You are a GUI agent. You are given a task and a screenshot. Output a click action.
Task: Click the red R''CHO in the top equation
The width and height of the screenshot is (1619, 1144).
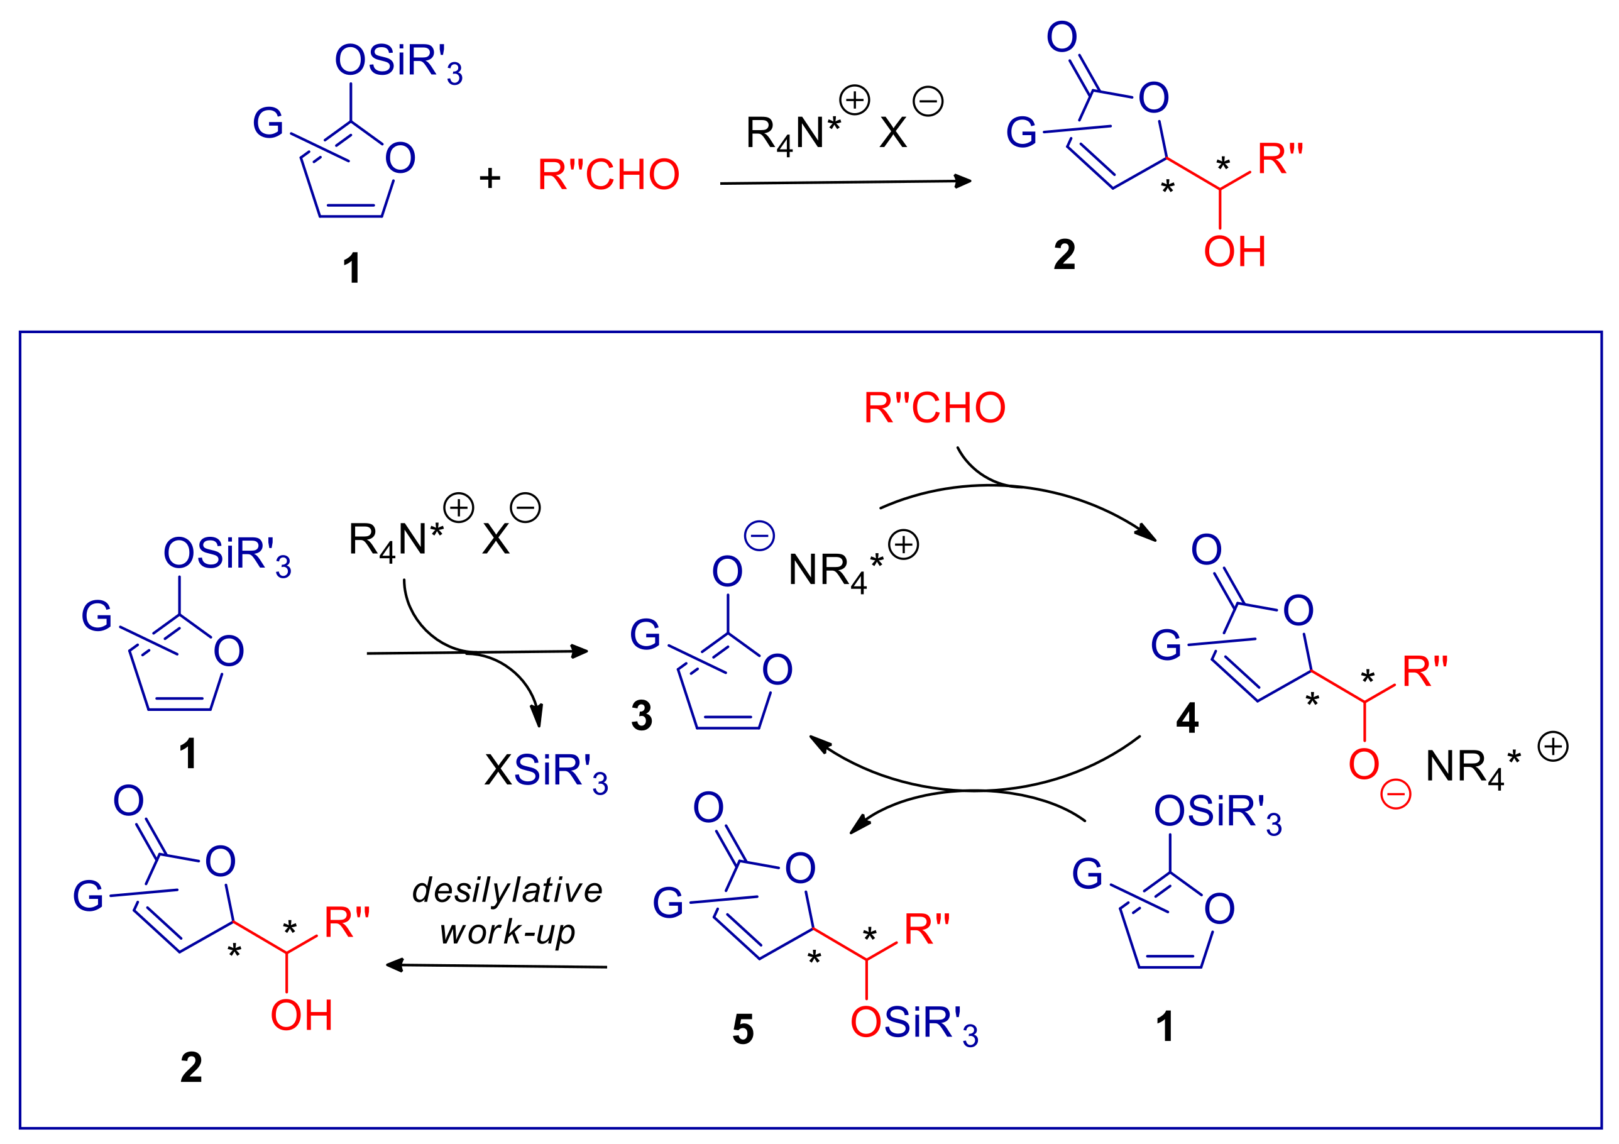(608, 174)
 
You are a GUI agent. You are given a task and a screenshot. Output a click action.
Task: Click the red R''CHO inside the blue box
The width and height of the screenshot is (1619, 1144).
(935, 408)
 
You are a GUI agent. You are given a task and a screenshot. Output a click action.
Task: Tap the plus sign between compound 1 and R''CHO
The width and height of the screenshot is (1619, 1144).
(490, 178)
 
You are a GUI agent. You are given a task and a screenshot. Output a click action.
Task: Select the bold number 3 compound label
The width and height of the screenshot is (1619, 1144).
(641, 715)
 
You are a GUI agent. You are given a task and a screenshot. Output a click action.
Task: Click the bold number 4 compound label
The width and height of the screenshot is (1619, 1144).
(1187, 718)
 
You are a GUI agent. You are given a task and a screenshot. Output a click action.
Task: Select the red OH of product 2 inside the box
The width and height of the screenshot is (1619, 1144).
(301, 1015)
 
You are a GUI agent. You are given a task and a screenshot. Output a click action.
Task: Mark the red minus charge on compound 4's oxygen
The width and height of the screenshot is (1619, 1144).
(1395, 794)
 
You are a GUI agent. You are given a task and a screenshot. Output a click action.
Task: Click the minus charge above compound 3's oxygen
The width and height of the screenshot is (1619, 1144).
(759, 536)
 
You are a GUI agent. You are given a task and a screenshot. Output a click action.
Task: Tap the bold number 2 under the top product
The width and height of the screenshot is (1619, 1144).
(1064, 254)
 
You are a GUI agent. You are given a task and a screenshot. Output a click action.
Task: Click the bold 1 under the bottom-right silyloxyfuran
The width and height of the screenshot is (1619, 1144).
(1165, 1026)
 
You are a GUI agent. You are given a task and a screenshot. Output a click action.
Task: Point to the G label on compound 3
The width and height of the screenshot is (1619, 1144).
(644, 634)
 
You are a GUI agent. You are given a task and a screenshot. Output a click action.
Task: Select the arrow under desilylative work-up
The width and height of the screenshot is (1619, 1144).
(497, 965)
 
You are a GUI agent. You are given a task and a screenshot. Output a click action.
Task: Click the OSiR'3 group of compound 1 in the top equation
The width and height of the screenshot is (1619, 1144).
(398, 62)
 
